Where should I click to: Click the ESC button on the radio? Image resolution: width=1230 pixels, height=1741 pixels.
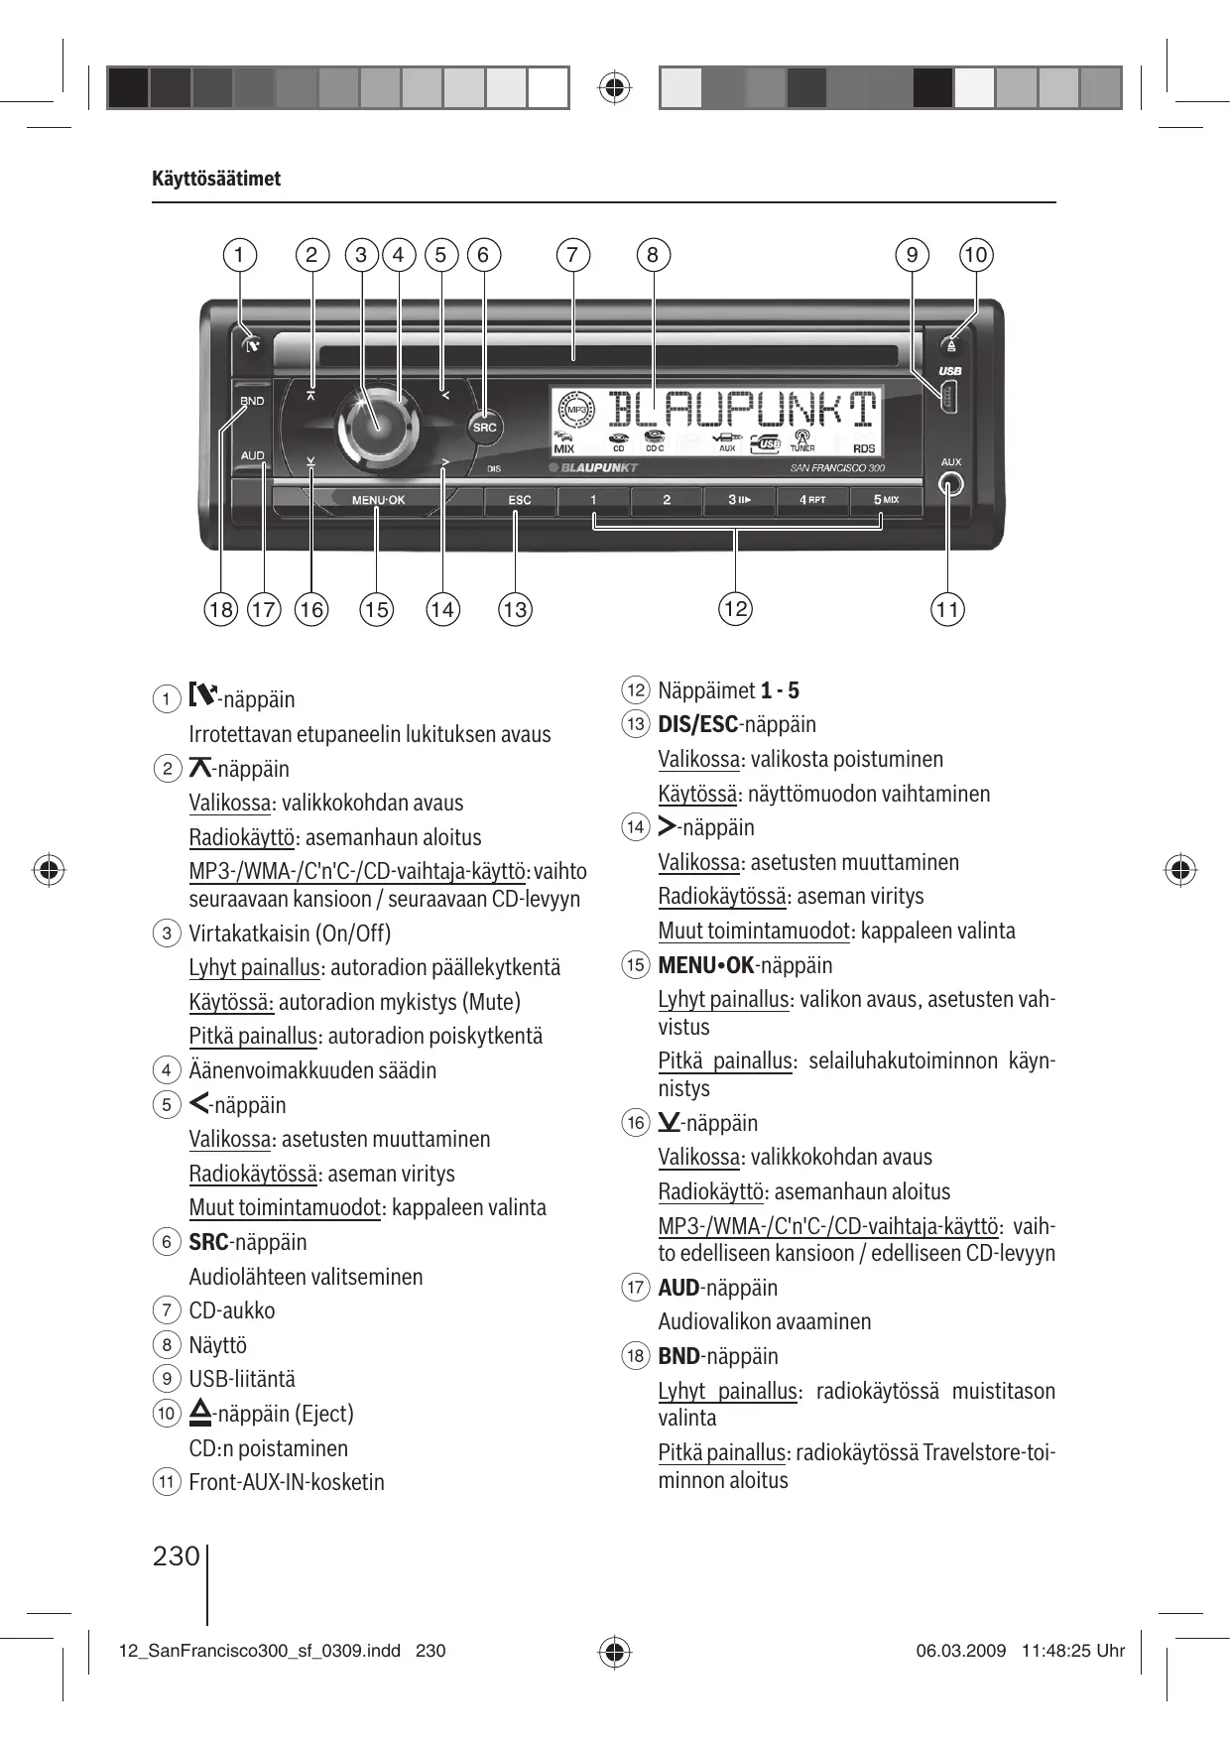(x=520, y=500)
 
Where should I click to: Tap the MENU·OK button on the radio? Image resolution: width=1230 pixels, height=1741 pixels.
(x=378, y=500)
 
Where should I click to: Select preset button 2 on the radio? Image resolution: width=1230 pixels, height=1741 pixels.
(x=667, y=500)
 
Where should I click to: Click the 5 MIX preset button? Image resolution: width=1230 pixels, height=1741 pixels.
(x=886, y=499)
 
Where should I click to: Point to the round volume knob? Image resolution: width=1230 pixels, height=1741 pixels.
(x=378, y=424)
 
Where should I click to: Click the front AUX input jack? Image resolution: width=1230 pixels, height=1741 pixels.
(x=950, y=485)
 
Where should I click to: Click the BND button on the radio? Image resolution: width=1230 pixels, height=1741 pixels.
(x=252, y=401)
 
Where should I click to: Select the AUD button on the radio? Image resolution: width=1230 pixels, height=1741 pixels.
(x=252, y=456)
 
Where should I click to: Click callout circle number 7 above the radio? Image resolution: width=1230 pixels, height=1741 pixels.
(x=572, y=255)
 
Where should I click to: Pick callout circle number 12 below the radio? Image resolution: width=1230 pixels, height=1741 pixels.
(x=735, y=608)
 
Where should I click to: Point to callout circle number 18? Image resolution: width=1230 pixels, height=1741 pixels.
(x=220, y=609)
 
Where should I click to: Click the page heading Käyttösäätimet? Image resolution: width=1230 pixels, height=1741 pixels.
(x=216, y=180)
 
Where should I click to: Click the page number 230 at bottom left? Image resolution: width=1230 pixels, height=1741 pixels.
(x=177, y=1555)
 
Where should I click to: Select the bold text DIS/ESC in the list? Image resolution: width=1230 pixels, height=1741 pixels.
(x=697, y=724)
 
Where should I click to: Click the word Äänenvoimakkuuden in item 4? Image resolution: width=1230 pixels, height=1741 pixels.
(x=271, y=1070)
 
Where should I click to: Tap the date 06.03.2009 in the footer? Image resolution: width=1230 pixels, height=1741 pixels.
(x=960, y=1651)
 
